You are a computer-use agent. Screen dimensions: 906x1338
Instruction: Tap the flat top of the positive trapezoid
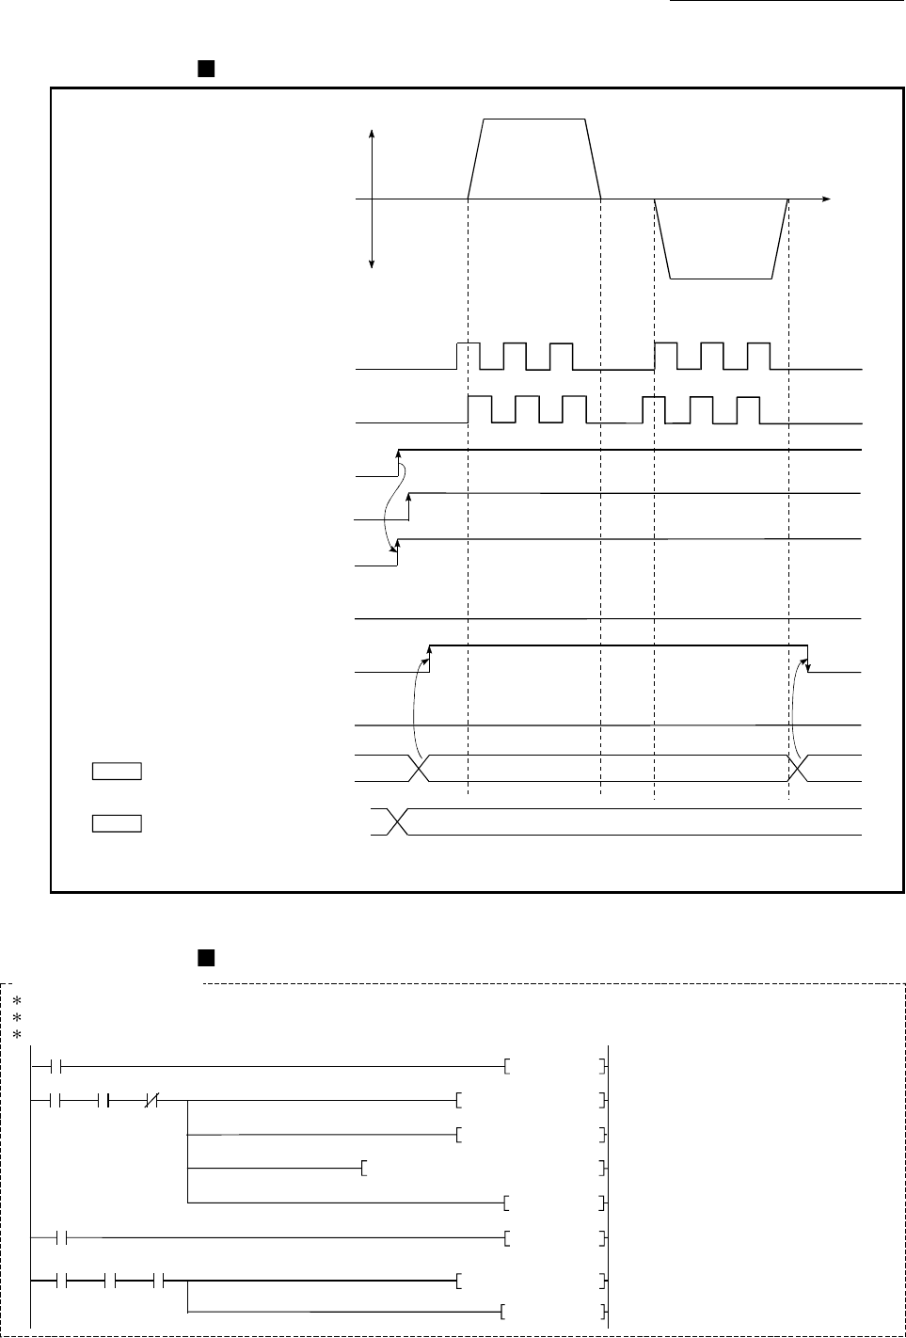[534, 119]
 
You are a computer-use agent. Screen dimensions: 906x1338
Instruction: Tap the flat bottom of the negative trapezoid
[721, 279]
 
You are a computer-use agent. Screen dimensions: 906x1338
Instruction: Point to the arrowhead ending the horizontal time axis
[827, 199]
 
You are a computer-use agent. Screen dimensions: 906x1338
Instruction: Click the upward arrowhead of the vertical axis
[374, 134]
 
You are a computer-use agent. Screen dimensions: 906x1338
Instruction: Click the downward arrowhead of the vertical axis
[374, 264]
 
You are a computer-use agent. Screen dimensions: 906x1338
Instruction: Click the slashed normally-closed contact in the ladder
[151, 1099]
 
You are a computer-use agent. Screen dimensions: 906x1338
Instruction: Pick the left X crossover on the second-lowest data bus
[420, 768]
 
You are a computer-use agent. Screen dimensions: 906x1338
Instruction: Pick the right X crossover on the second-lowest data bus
[798, 768]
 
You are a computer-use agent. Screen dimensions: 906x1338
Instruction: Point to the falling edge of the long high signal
[809, 659]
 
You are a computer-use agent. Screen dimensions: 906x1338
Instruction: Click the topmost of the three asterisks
[16, 1000]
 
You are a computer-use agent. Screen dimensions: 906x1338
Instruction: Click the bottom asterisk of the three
[16, 1035]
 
